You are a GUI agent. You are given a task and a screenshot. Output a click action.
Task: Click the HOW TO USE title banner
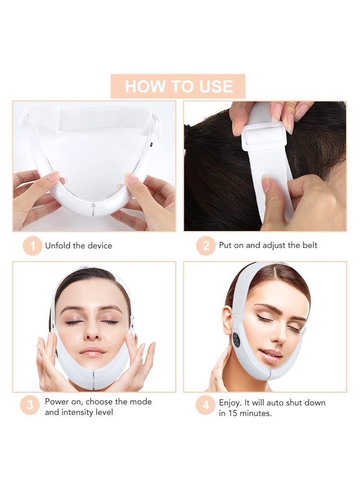178,86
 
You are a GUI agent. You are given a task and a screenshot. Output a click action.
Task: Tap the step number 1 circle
32,246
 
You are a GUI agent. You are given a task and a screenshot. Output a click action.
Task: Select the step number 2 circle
206,246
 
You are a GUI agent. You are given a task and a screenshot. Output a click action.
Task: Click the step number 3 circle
30,405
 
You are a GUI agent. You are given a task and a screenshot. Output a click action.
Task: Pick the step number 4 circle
205,405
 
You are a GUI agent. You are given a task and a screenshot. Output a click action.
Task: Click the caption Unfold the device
78,246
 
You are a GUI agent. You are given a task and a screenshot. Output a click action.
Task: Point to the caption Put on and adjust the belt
268,245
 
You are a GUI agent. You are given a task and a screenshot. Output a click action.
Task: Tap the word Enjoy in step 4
230,402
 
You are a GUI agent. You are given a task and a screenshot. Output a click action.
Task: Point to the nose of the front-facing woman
92,333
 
